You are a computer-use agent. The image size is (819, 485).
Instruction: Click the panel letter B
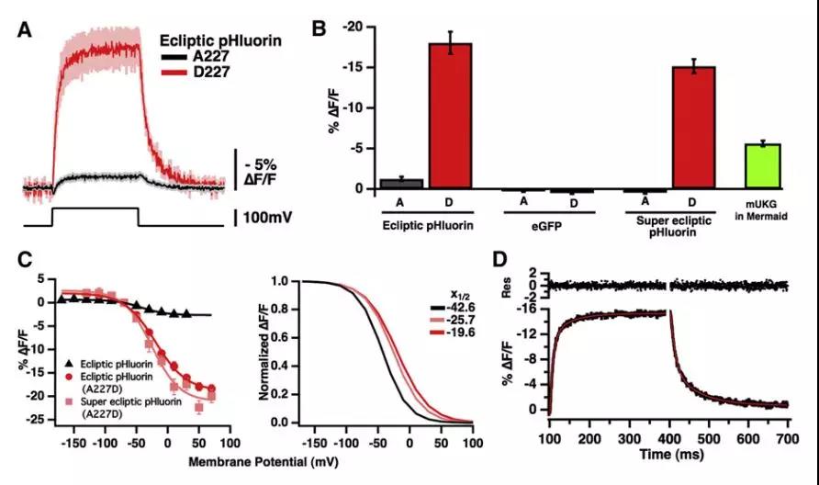pyautogui.click(x=320, y=29)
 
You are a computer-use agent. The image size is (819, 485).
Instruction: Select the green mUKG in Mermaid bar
pyautogui.click(x=762, y=166)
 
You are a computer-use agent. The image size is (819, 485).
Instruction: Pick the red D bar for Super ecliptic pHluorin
pyautogui.click(x=694, y=128)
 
